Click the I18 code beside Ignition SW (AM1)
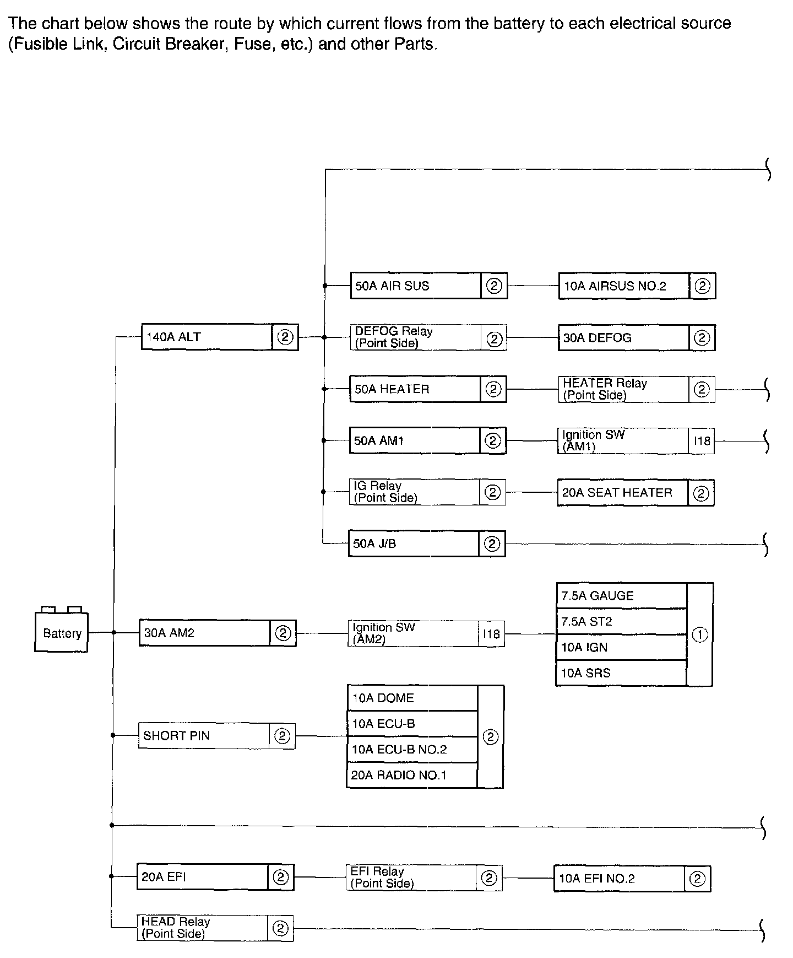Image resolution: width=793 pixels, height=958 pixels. pyautogui.click(x=702, y=441)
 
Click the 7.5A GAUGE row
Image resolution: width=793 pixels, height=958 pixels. pyautogui.click(x=621, y=596)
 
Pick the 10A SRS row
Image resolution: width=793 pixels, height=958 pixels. pyautogui.click(x=621, y=673)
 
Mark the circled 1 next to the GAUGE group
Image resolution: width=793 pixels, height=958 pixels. pyautogui.click(x=699, y=635)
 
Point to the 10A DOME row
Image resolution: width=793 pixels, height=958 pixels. pyautogui.click(x=412, y=698)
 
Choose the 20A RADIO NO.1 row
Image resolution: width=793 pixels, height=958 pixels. pyautogui.click(x=412, y=776)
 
